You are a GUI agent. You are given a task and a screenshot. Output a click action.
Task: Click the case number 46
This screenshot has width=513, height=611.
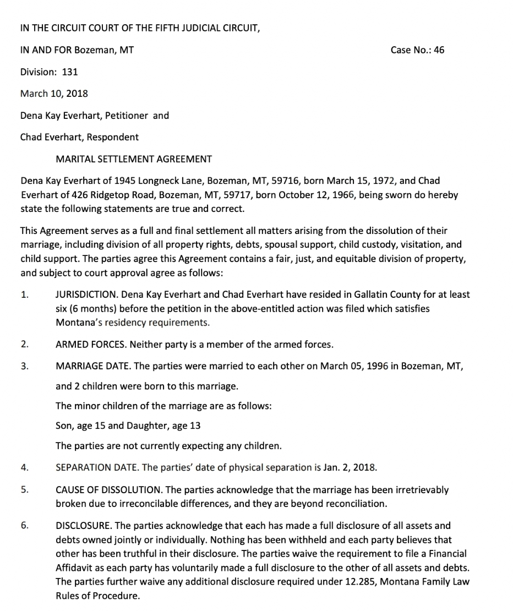pyautogui.click(x=439, y=50)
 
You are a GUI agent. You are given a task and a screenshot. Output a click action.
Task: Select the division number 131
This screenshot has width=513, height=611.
pyautogui.click(x=68, y=72)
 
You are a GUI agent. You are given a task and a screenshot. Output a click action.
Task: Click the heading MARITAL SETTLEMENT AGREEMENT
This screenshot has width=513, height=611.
pyautogui.click(x=134, y=159)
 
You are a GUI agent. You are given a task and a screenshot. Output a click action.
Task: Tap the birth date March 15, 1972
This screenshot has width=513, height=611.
pyautogui.click(x=353, y=181)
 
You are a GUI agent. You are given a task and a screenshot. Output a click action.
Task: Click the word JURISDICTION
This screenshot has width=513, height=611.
pyautogui.click(x=83, y=294)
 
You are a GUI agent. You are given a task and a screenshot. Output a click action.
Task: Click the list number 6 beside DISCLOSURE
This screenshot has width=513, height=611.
pyautogui.click(x=24, y=526)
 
